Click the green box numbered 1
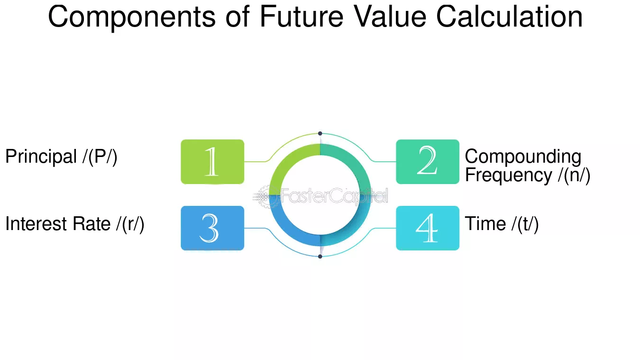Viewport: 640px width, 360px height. [x=212, y=162]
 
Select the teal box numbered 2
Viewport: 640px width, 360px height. [x=428, y=162]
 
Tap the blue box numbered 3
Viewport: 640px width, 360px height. [x=212, y=228]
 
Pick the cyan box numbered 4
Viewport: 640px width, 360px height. [x=428, y=228]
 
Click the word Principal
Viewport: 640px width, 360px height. [x=41, y=157]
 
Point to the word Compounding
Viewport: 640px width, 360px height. [x=523, y=157]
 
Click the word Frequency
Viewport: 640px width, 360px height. [x=509, y=175]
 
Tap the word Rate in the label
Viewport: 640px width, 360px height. [x=91, y=223]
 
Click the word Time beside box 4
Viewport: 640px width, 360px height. [x=485, y=223]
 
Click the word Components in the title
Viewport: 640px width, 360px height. [x=132, y=18]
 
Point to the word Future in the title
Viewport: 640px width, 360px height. [x=302, y=17]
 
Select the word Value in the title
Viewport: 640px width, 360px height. [x=390, y=17]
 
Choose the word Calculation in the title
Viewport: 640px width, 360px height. [x=510, y=17]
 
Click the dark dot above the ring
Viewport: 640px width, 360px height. [x=320, y=134]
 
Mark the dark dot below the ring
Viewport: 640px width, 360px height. [x=320, y=257]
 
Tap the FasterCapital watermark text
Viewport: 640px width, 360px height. [x=334, y=196]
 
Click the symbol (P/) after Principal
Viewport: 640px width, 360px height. [x=100, y=157]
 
